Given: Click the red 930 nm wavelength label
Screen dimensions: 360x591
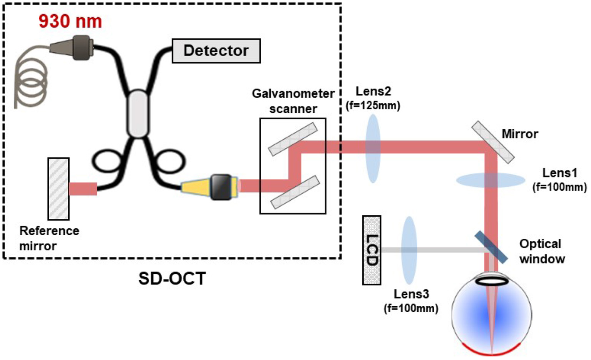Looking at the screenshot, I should (70, 21).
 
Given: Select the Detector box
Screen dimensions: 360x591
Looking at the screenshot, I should (216, 51).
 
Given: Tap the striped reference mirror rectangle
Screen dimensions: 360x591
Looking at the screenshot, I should (59, 189).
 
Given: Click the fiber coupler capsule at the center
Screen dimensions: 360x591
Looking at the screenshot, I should (138, 114).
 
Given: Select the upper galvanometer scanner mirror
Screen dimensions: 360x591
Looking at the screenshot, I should (293, 139).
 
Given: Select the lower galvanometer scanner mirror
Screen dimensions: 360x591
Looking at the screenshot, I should (295, 192).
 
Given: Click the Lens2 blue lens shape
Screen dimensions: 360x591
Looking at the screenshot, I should (373, 148).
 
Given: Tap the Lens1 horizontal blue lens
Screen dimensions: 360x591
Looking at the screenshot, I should (491, 180).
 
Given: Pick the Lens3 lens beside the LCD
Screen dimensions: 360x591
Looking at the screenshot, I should (409, 250).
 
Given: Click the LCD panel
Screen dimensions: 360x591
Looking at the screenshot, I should (372, 250).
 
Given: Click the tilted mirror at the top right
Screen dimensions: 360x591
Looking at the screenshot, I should (493, 142).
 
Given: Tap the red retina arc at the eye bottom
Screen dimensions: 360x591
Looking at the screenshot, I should (491, 351).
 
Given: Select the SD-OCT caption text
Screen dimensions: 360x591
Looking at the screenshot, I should (172, 278).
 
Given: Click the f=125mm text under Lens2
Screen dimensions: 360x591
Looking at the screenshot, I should (373, 105).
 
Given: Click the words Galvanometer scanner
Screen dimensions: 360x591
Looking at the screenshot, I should (293, 101).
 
